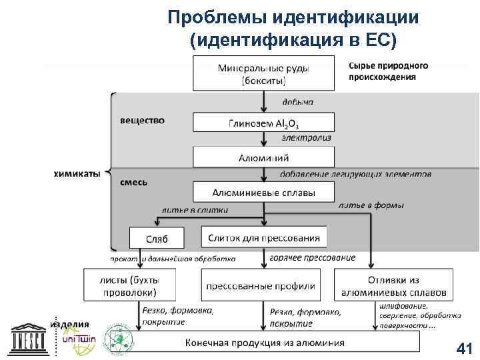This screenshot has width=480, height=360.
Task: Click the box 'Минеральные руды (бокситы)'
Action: click(x=263, y=73)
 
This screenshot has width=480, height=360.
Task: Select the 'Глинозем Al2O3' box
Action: click(x=263, y=123)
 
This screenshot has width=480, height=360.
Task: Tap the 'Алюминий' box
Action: click(x=263, y=158)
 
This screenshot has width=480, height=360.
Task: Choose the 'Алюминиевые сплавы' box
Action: click(x=263, y=193)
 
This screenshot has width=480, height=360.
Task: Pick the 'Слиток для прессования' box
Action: click(x=264, y=237)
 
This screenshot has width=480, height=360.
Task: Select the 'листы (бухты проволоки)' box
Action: click(x=130, y=285)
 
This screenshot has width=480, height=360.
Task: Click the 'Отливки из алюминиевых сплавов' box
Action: click(x=393, y=286)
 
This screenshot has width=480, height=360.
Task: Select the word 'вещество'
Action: click(x=142, y=121)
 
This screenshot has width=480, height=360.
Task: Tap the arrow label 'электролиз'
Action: click(x=306, y=138)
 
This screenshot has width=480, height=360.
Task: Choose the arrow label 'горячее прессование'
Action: click(x=312, y=257)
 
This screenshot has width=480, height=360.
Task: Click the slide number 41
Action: click(x=462, y=347)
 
